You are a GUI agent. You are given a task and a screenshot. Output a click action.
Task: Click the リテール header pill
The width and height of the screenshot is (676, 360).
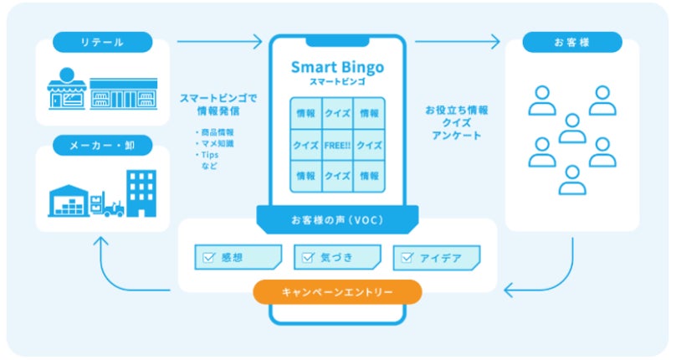[x=103, y=42]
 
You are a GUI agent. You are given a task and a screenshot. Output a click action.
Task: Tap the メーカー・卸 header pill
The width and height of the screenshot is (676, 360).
[x=103, y=146]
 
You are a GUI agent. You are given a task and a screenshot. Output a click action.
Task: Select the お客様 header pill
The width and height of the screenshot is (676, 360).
[x=572, y=42]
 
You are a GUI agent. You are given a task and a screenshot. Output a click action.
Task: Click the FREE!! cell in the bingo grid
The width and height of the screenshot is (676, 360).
[x=337, y=145]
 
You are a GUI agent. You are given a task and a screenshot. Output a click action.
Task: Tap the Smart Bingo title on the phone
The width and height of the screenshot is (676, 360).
[x=337, y=67]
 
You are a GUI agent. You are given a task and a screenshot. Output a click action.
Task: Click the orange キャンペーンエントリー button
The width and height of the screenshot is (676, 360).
[x=337, y=292]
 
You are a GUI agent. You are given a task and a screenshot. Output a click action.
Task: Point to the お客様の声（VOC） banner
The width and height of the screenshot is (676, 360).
[x=337, y=220]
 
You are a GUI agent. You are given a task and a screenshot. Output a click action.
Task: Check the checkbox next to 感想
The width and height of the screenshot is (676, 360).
[x=208, y=258]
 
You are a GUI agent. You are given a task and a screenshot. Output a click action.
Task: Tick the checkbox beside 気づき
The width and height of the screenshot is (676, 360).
[x=308, y=258]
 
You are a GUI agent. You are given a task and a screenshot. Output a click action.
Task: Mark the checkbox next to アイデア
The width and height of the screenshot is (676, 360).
[x=407, y=258]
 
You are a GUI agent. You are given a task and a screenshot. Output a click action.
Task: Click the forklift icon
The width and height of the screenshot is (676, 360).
[x=108, y=204]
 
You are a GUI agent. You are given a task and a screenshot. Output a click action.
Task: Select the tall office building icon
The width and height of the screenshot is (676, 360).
[x=141, y=193]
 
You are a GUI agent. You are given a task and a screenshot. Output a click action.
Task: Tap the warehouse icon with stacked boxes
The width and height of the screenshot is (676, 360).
[x=68, y=201]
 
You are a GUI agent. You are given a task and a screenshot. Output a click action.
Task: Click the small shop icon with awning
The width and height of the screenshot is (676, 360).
[x=67, y=89]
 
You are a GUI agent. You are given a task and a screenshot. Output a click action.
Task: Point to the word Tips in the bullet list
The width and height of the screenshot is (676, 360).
[x=209, y=155]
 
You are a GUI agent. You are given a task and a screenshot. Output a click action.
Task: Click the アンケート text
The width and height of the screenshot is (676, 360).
[x=457, y=136]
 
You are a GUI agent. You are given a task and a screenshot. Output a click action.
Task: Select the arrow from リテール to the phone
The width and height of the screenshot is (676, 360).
[x=219, y=41]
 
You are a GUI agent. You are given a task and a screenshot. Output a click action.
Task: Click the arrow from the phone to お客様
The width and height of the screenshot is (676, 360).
[x=458, y=41]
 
